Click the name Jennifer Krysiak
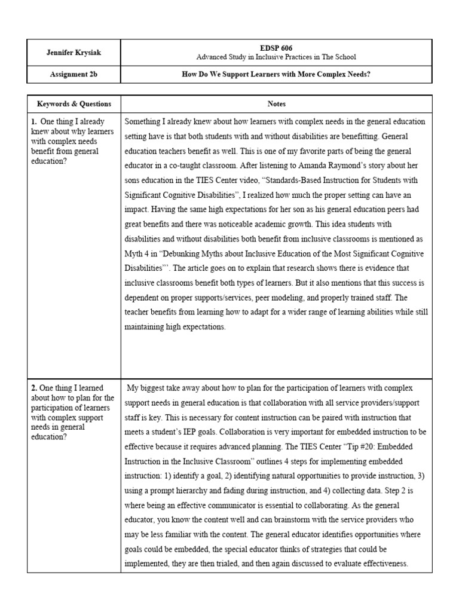coord(74,53)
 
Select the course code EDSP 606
coord(276,48)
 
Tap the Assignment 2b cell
coord(74,75)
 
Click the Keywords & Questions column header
coord(74,103)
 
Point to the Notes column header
coord(276,103)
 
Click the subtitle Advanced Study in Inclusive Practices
coord(276,57)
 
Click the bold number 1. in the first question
coord(35,121)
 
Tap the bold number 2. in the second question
coord(35,388)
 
